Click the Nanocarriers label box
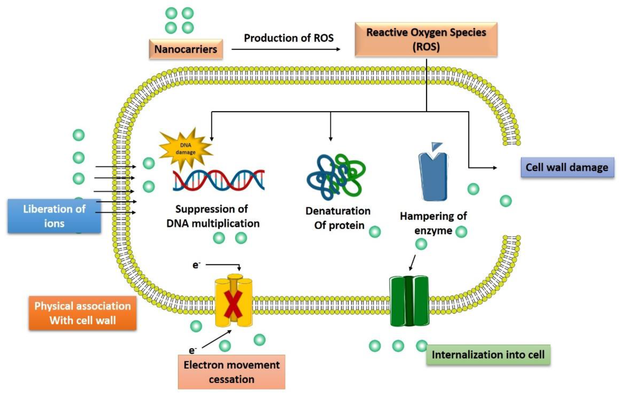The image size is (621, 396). [186, 49]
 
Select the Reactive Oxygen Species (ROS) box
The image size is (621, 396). [426, 39]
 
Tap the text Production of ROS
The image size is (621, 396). [289, 38]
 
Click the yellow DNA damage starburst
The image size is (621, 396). [185, 149]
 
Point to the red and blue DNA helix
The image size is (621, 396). [219, 180]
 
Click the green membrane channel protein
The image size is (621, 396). [409, 301]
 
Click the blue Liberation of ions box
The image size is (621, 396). [54, 216]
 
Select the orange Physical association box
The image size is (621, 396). [82, 313]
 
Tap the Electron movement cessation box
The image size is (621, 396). [232, 372]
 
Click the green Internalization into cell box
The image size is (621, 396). [488, 355]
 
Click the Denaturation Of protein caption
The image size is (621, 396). [338, 218]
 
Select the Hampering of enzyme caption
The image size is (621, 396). [433, 223]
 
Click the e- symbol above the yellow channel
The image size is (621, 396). [196, 265]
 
